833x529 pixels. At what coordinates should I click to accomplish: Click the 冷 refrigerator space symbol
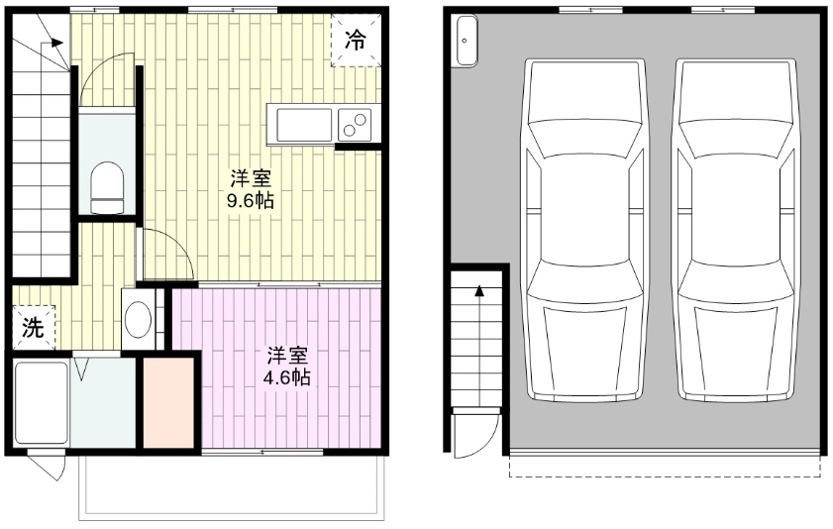(356, 41)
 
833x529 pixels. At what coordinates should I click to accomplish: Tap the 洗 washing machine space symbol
(34, 329)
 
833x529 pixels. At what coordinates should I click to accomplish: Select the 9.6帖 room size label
(252, 188)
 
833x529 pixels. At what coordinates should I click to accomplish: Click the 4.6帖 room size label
(289, 368)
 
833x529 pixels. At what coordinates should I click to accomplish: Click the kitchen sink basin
(304, 125)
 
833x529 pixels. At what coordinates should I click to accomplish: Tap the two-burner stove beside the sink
(355, 125)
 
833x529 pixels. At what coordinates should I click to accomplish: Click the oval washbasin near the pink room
(139, 319)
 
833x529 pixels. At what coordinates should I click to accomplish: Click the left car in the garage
(584, 230)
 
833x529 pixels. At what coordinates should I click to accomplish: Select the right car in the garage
(736, 230)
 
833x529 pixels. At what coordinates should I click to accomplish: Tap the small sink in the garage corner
(465, 43)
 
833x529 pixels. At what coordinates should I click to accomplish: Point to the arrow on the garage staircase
(479, 293)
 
